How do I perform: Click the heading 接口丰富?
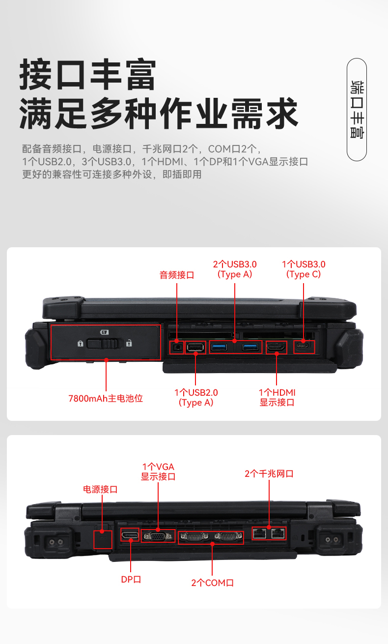pyautogui.click(x=88, y=75)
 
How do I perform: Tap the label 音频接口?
pyautogui.click(x=177, y=275)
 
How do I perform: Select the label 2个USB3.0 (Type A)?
pyautogui.click(x=235, y=269)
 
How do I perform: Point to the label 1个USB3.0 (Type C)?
pyautogui.click(x=304, y=269)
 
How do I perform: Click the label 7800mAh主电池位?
pyautogui.click(x=106, y=398)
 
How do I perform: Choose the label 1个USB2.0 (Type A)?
pyautogui.click(x=196, y=398)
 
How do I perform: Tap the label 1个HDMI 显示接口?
pyautogui.click(x=277, y=398)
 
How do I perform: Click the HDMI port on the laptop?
pyautogui.click(x=276, y=347)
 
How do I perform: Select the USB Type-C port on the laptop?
pyautogui.click(x=304, y=347)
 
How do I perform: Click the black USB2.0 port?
pyautogui.click(x=195, y=348)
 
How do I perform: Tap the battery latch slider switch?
pyautogui.click(x=103, y=343)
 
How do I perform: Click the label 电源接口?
pyautogui.click(x=100, y=489)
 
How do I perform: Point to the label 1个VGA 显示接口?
pyautogui.click(x=158, y=471)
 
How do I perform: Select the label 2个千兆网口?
pyautogui.click(x=269, y=474)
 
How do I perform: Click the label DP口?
pyautogui.click(x=131, y=579)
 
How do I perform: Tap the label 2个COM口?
pyautogui.click(x=212, y=583)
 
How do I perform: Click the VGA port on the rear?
pyautogui.click(x=158, y=536)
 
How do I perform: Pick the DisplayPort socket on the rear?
pyautogui.click(x=130, y=535)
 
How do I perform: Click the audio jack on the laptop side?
pyautogui.click(x=177, y=348)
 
